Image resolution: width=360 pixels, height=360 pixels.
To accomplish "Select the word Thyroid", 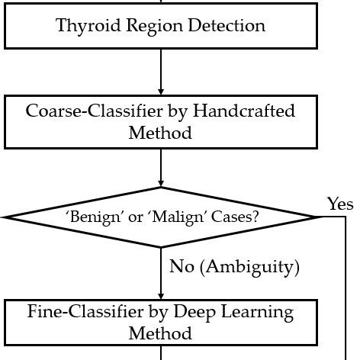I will (85, 27).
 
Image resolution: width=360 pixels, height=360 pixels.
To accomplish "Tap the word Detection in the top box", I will (228, 27).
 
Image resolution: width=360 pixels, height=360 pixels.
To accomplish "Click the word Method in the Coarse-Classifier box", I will (160, 133).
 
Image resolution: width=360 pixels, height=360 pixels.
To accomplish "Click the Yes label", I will (340, 204).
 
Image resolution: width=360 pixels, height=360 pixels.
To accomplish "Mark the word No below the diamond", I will (180, 266).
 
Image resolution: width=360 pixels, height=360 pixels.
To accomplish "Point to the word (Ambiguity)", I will (248, 266).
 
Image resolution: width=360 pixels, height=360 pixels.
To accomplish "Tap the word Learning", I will (250, 311).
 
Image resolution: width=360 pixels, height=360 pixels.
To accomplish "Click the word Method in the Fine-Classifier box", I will (160, 333).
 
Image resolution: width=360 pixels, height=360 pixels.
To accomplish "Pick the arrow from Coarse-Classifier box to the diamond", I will (161, 168).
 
